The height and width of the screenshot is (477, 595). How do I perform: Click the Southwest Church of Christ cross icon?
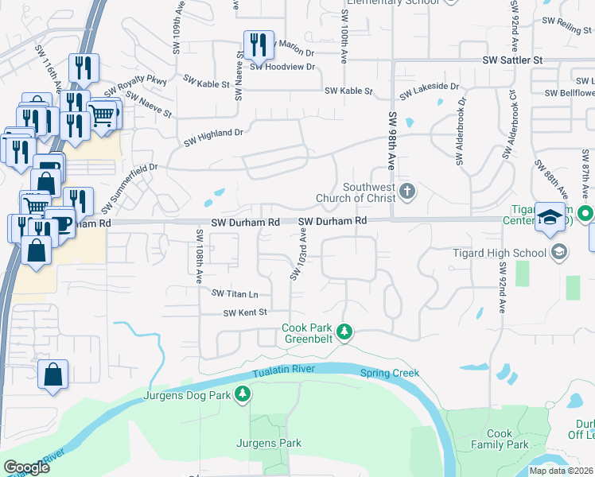click(407, 190)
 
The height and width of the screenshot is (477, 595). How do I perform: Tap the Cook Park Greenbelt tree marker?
click(344, 331)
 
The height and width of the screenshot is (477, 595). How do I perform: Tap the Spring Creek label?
click(389, 373)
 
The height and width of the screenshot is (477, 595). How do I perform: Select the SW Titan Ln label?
click(235, 293)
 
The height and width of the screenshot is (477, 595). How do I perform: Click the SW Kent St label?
click(244, 312)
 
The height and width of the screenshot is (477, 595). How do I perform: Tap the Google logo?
click(26, 467)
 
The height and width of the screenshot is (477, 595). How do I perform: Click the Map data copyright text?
click(562, 471)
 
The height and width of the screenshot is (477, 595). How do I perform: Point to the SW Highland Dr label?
click(212, 137)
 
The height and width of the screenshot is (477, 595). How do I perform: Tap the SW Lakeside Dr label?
click(430, 91)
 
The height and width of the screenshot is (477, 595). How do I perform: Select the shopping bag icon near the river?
click(52, 374)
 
